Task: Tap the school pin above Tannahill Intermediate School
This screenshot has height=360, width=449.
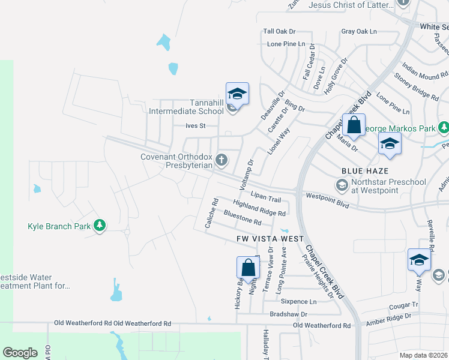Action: pyautogui.click(x=237, y=94)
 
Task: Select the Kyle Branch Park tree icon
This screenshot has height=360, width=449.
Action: pyautogui.click(x=100, y=226)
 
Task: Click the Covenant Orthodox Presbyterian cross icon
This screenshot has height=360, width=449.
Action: pyautogui.click(x=222, y=160)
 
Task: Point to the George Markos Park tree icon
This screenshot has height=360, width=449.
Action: pyautogui.click(x=444, y=128)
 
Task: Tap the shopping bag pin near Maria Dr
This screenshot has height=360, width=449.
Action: pyautogui.click(x=354, y=125)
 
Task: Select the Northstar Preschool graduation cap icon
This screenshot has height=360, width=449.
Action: pyautogui.click(x=342, y=186)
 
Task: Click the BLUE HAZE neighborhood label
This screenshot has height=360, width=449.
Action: pyautogui.click(x=362, y=171)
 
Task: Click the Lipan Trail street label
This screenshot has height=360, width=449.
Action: pyautogui.click(x=266, y=198)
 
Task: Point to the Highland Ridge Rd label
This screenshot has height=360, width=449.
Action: pyautogui.click(x=259, y=208)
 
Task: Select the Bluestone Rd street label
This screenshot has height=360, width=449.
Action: pyautogui.click(x=243, y=218)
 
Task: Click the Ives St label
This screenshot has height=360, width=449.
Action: pyautogui.click(x=196, y=126)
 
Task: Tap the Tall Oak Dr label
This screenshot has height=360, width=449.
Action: pyautogui.click(x=280, y=31)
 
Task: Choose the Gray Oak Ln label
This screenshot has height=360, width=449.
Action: pyautogui.click(x=358, y=31)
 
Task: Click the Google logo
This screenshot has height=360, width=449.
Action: pyautogui.click(x=20, y=353)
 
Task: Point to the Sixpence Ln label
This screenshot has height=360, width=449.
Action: pyautogui.click(x=298, y=302)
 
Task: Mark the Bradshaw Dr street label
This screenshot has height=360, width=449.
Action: pyautogui.click(x=288, y=314)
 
